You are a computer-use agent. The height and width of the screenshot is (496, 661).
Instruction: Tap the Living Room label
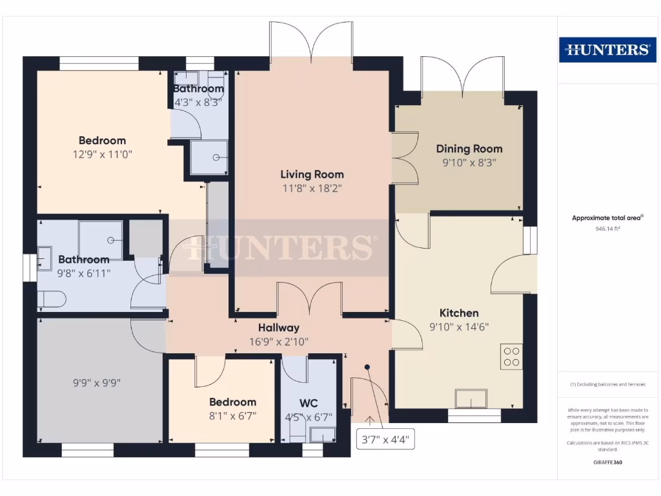click(312, 174)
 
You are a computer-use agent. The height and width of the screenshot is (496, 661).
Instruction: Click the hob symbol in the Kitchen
click(511, 357)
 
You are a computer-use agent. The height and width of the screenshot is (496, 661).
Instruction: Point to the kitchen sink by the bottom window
click(471, 398)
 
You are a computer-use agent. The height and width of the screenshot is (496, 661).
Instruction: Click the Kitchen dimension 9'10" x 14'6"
click(459, 327)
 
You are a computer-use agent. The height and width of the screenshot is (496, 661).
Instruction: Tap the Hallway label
click(279, 328)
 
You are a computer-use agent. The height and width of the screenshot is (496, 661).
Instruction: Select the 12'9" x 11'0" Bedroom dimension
click(102, 154)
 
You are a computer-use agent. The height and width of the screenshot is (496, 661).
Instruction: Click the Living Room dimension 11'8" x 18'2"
click(312, 189)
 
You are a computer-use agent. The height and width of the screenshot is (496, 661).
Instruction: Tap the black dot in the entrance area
click(367, 367)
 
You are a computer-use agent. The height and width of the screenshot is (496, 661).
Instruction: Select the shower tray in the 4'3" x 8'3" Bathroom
click(209, 157)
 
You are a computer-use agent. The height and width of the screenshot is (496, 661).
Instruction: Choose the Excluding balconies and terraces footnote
click(607, 384)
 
